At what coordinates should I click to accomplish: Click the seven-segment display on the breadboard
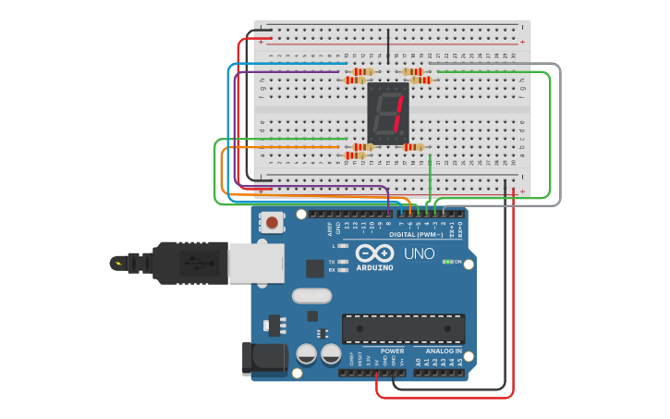click(389, 113)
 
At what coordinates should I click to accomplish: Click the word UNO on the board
click(419, 253)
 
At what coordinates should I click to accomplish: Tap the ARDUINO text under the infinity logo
click(374, 267)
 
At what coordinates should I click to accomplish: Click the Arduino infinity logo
click(374, 253)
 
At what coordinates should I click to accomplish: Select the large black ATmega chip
click(404, 328)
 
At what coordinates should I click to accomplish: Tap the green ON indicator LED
click(447, 262)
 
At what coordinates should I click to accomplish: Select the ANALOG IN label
click(444, 351)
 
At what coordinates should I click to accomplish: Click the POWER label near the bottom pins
click(392, 351)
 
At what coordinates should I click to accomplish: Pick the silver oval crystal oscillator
click(311, 296)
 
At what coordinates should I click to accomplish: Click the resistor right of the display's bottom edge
click(413, 146)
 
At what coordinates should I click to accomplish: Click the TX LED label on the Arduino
click(332, 262)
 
